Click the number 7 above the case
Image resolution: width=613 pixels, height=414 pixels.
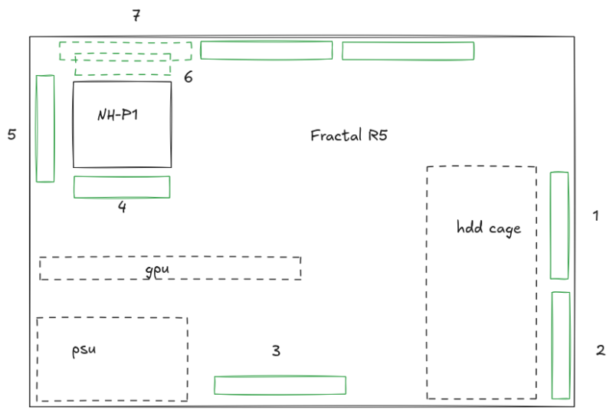136,15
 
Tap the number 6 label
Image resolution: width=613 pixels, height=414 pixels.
188,77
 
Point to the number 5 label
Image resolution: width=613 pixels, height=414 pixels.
11,134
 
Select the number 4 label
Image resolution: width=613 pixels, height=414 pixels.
122,206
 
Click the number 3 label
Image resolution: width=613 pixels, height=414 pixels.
276,350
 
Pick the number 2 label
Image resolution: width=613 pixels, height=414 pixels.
601,350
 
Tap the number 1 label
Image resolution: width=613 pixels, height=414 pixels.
596,215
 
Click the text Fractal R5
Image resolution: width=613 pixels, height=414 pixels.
349,136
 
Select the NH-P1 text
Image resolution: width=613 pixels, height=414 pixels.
117,115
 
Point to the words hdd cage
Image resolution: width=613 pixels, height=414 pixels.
489,228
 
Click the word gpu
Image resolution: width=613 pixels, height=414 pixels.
157,270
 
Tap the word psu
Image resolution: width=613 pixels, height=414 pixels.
84,350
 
